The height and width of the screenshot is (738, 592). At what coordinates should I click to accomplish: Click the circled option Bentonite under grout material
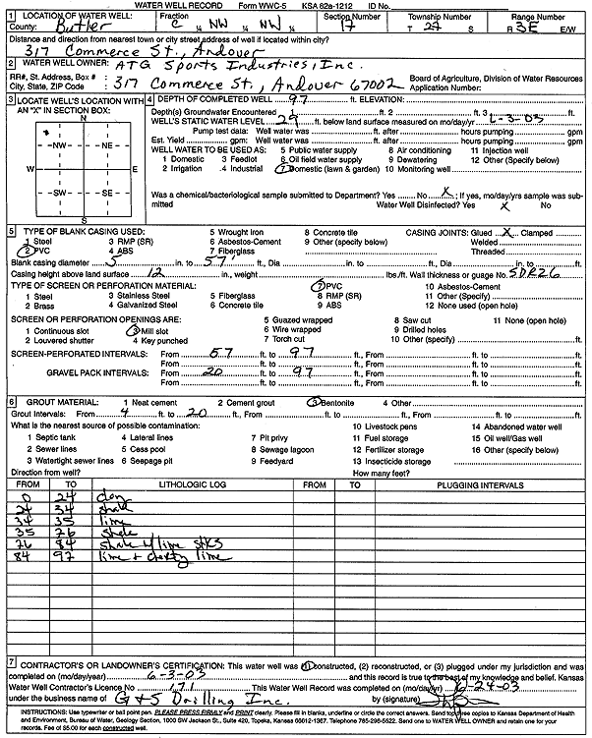(338, 402)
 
